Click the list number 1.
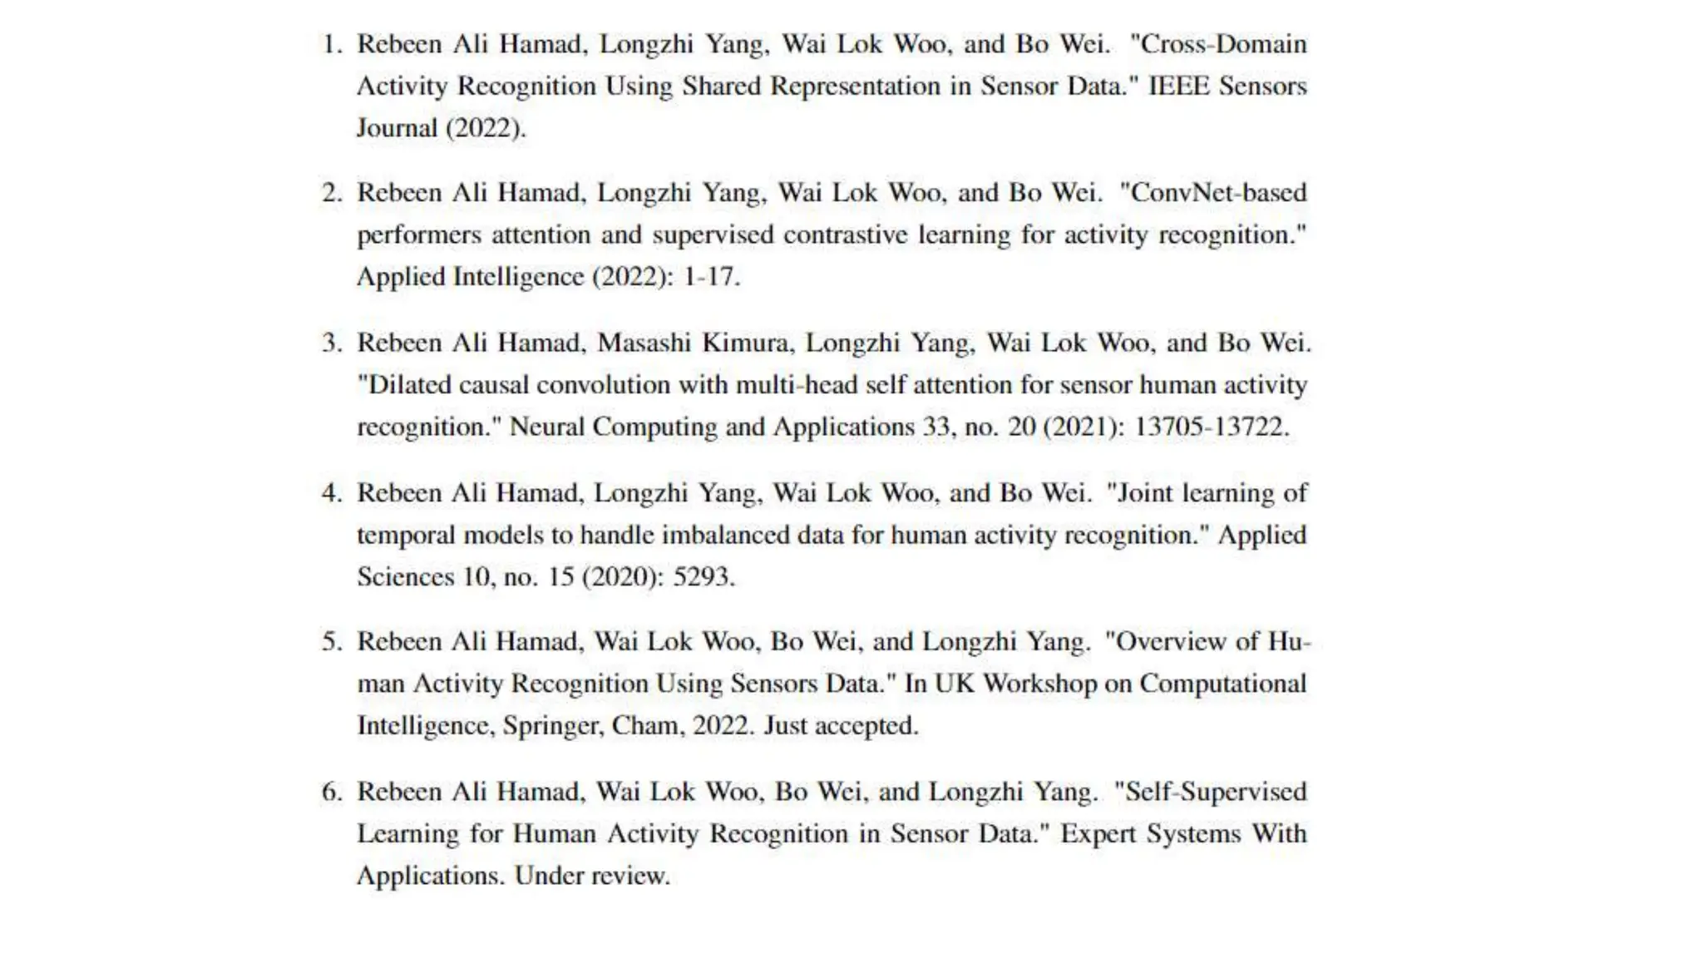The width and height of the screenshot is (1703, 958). point(331,44)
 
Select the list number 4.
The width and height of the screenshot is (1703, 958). point(331,493)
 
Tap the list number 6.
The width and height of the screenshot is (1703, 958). point(331,792)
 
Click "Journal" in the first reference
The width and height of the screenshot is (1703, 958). point(397,128)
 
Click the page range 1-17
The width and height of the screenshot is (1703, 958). point(710,277)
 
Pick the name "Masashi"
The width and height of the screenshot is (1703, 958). point(644,343)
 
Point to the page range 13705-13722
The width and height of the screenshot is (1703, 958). point(1211,427)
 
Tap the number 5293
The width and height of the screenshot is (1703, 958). point(702,576)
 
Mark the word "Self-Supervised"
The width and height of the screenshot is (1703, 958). point(1216,792)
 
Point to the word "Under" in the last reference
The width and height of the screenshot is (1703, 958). point(549,876)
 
